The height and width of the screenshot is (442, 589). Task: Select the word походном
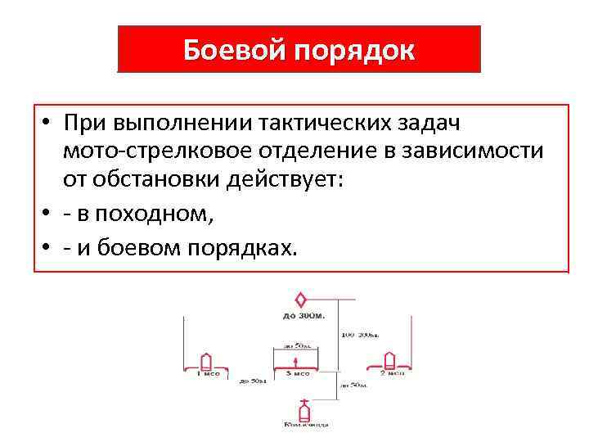pyautogui.click(x=154, y=214)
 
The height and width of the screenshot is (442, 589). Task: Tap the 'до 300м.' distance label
pyautogui.click(x=303, y=315)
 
